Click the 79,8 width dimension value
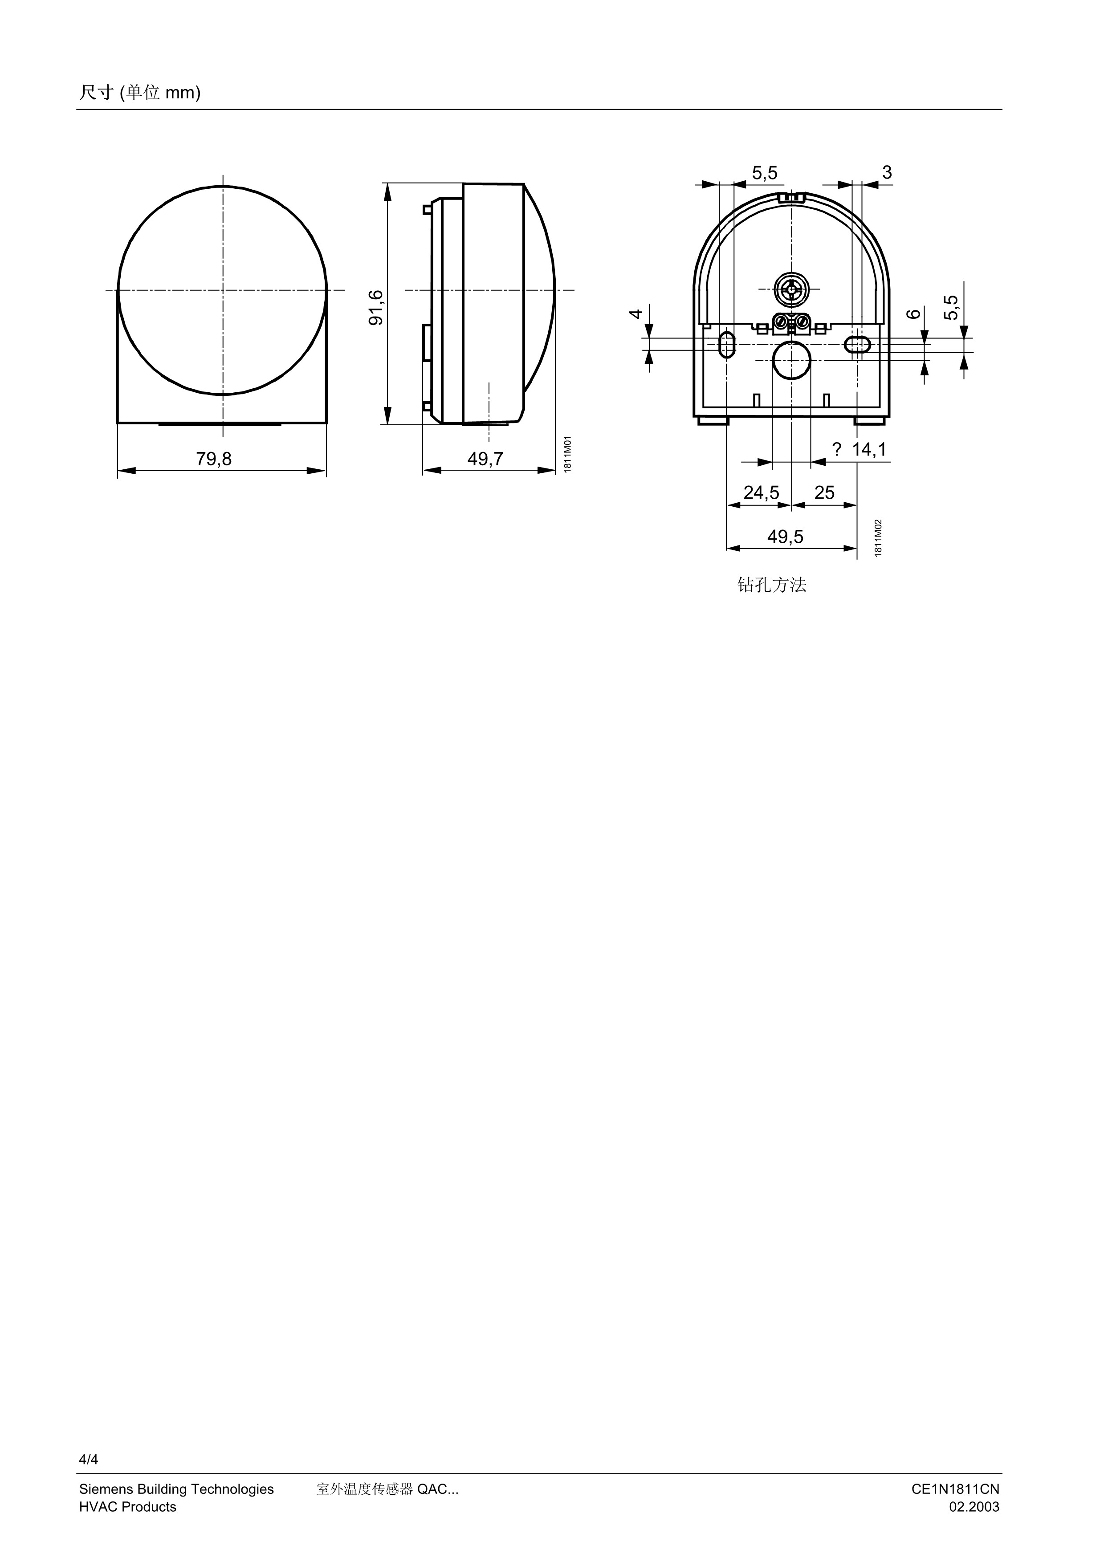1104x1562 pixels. (x=214, y=459)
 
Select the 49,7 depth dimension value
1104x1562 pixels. (x=485, y=459)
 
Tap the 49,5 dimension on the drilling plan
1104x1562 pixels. (x=785, y=537)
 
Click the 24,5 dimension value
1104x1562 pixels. (x=761, y=492)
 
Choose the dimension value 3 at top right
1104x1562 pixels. (x=887, y=173)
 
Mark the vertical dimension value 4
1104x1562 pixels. (x=636, y=313)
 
